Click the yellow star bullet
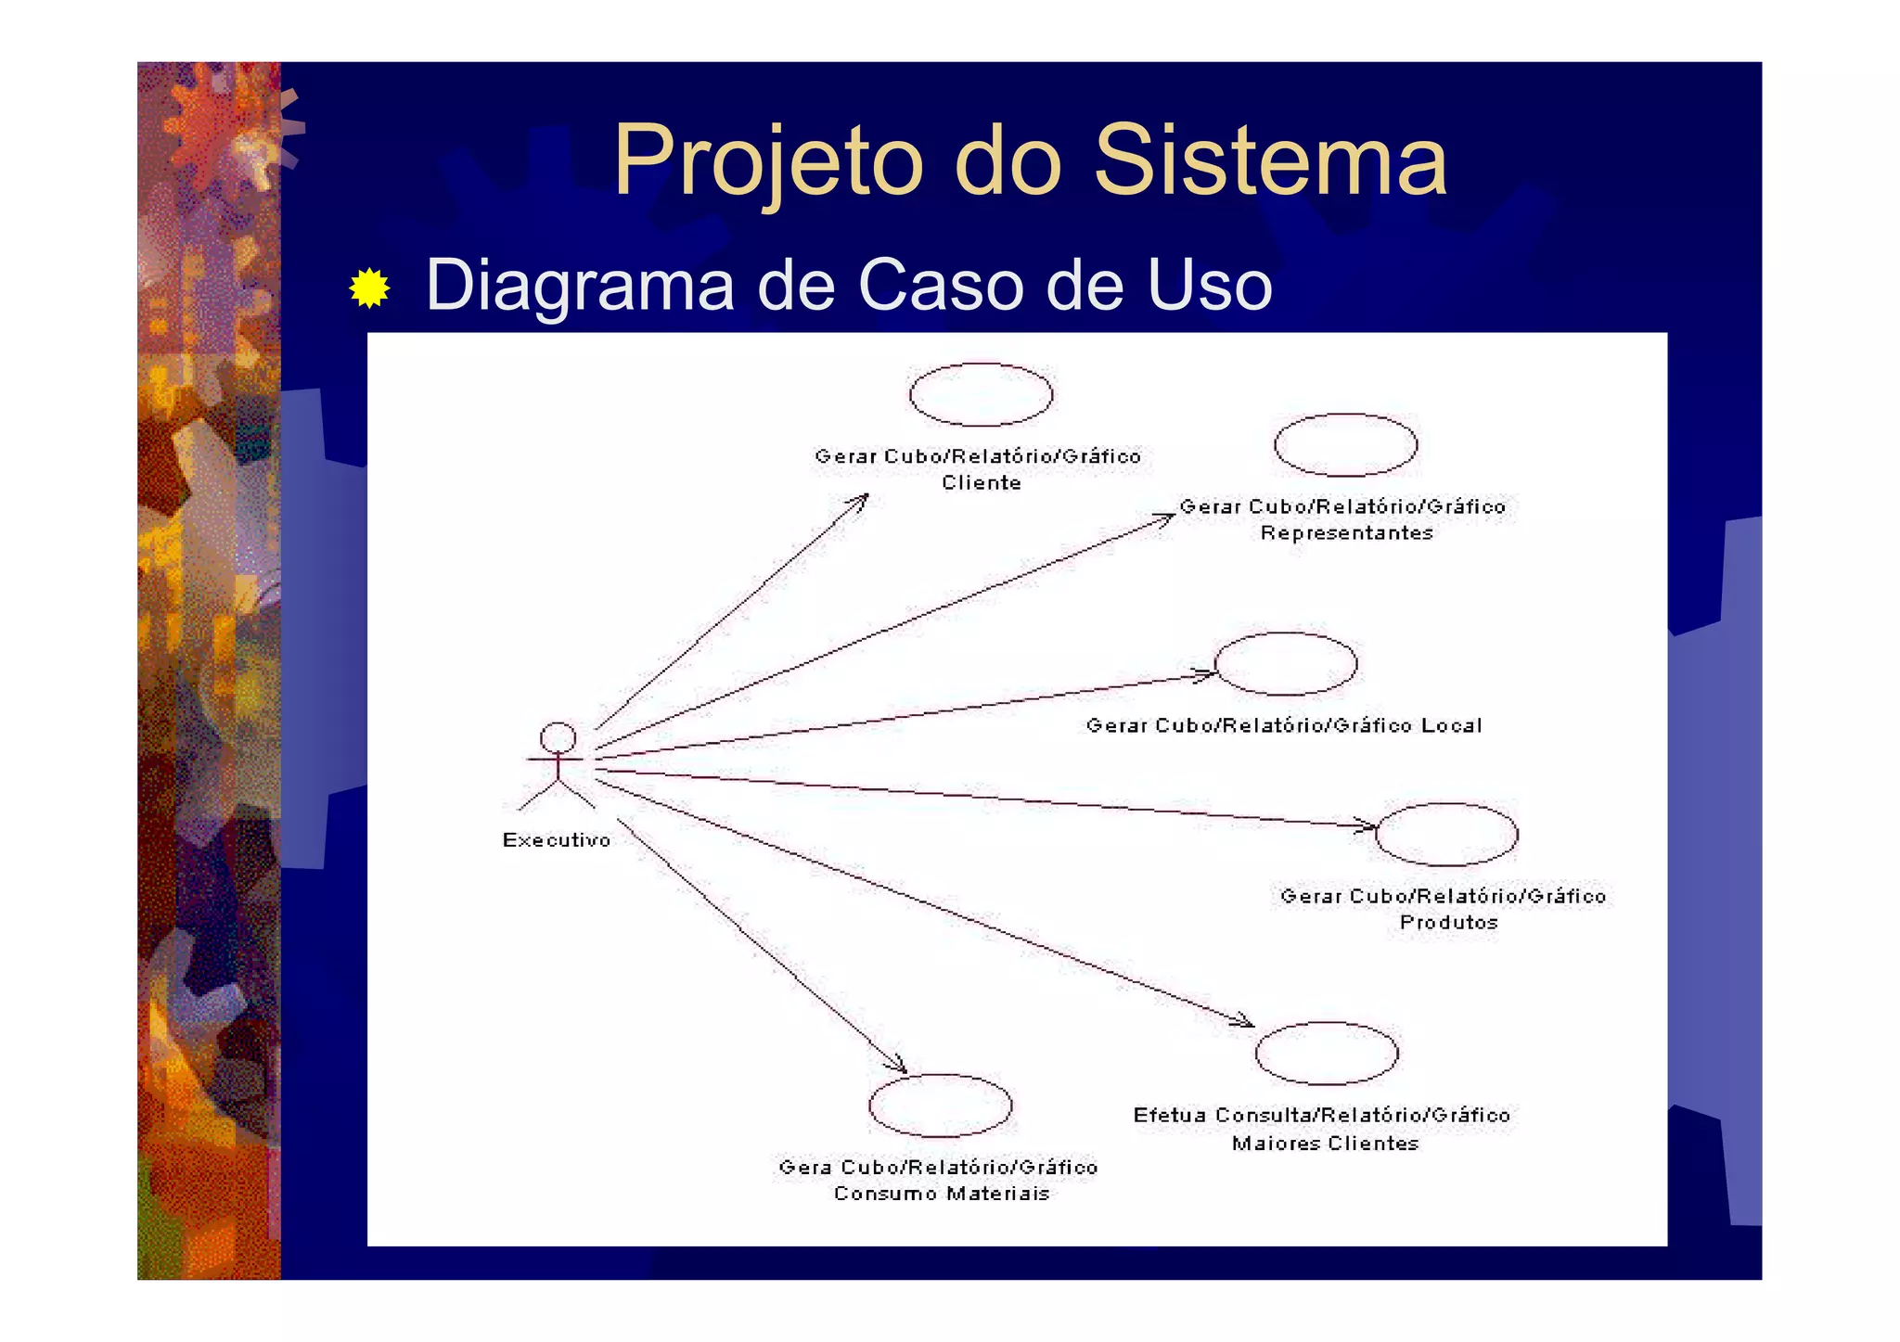pos(369,288)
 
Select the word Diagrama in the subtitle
pos(580,285)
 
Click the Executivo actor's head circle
pos(558,738)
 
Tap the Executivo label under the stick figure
pos(557,840)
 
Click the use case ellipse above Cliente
pos(981,394)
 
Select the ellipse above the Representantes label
pos(1345,445)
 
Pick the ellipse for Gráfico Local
pos(1285,664)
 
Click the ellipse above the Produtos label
pos(1446,835)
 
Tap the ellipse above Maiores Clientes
pos(1326,1054)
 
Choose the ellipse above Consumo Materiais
pos(940,1106)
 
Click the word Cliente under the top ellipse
pos(982,483)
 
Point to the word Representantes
pos(1346,533)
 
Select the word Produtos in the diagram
pos(1448,923)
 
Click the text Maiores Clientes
pos(1325,1144)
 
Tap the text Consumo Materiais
pos(941,1194)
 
